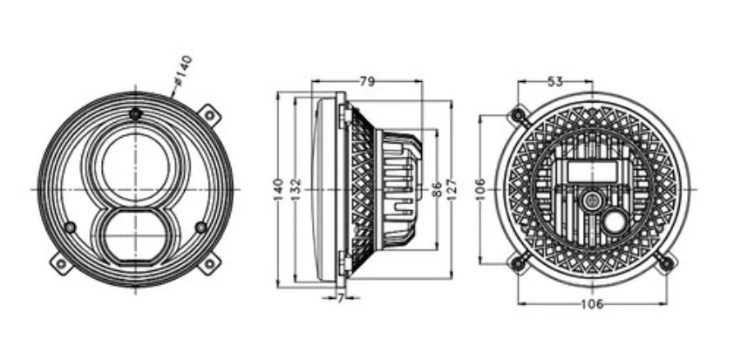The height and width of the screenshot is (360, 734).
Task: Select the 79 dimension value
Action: pyautogui.click(x=367, y=82)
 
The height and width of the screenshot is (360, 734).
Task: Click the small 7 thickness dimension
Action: pyautogui.click(x=339, y=298)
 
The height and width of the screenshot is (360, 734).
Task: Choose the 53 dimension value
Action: pyautogui.click(x=554, y=81)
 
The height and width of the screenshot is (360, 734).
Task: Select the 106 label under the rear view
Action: pyautogui.click(x=591, y=303)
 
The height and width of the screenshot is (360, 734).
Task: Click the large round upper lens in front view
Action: pyautogui.click(x=135, y=166)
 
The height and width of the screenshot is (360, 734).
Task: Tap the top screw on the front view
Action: pyautogui.click(x=135, y=114)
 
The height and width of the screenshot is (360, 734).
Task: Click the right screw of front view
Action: pyautogui.click(x=201, y=227)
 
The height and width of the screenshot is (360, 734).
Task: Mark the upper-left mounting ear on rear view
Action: pyautogui.click(x=519, y=115)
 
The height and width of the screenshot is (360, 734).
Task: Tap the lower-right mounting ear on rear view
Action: pyautogui.click(x=665, y=262)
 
